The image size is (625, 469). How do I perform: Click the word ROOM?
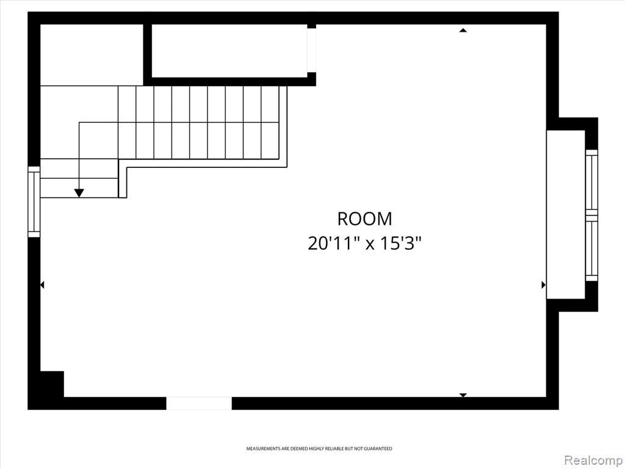click(364, 219)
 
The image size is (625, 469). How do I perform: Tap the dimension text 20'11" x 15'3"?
click(364, 243)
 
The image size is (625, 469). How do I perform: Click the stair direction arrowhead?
click(79, 192)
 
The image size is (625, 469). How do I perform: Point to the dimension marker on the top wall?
click(463, 30)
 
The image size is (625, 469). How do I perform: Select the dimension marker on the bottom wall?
click(463, 395)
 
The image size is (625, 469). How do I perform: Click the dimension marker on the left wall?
click(42, 285)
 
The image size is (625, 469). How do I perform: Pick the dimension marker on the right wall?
click(544, 285)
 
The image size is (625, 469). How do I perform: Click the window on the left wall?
click(34, 202)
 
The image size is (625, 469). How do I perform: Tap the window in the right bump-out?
click(591, 216)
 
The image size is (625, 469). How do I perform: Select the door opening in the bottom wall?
click(199, 403)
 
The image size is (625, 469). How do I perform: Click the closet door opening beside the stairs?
click(311, 50)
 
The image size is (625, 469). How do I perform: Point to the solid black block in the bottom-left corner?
click(52, 384)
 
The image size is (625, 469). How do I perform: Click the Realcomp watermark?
click(593, 460)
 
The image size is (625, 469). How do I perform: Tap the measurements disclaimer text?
click(319, 449)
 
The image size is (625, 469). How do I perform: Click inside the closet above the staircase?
click(229, 51)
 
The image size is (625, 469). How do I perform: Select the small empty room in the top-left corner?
click(92, 55)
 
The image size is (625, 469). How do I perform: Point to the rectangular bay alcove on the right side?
click(566, 214)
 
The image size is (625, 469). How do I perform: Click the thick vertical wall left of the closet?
click(148, 54)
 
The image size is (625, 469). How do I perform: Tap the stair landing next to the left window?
click(79, 178)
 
